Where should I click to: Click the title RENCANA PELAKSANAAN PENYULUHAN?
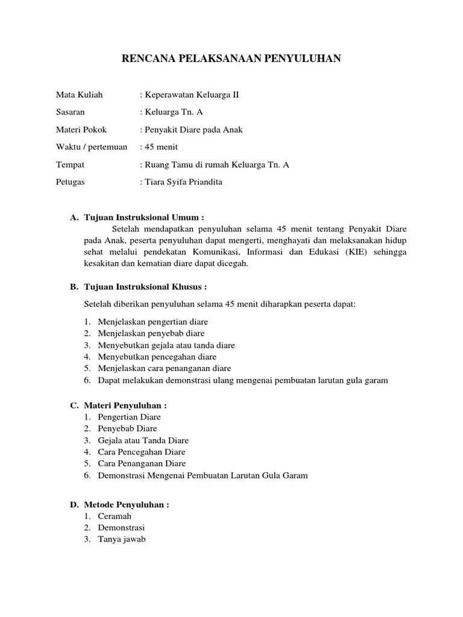coord(231,58)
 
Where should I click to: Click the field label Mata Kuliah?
coord(79,95)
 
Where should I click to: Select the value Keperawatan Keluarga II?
coord(192,95)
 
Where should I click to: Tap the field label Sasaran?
coord(71,112)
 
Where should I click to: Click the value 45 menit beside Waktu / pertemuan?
coord(161,147)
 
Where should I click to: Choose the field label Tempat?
coord(70,164)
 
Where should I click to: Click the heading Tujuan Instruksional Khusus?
coord(146,287)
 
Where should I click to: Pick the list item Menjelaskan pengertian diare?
coord(153,322)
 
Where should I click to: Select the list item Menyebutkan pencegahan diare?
coord(157,357)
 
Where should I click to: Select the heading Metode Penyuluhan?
coord(127,504)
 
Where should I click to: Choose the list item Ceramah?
coord(115,516)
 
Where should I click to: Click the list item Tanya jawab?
coord(122,539)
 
